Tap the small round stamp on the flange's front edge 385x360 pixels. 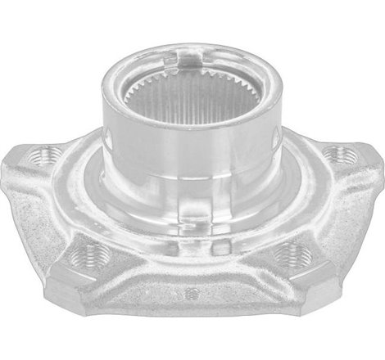191,292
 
